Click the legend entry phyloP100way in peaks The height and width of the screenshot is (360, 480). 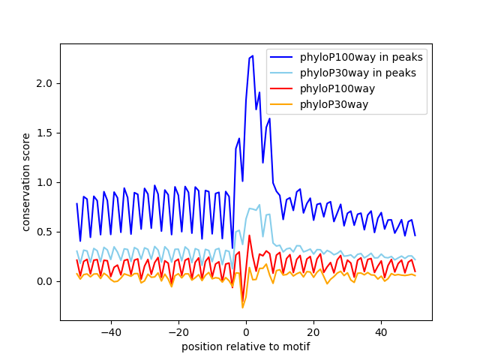tap(361, 57)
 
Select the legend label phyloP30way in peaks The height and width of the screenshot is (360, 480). tap(358, 73)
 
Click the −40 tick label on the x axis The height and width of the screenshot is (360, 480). tap(110, 332)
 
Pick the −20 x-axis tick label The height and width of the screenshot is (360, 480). tap(178, 332)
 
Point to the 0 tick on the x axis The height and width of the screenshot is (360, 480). tap(246, 332)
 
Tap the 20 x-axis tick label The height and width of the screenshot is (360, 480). tap(313, 332)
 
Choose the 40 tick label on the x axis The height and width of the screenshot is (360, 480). tap(381, 332)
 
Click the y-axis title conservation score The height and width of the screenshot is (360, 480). tap(26, 181)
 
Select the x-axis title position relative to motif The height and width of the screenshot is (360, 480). tap(245, 346)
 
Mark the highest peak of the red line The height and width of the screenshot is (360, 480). tap(249, 235)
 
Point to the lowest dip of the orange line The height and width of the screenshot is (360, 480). tap(242, 307)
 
